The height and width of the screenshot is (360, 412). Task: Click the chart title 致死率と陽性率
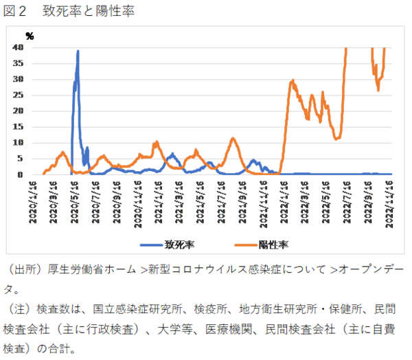pos(89,12)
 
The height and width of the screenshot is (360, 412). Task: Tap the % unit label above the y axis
pos(29,35)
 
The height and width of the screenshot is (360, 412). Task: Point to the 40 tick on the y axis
pos(19,47)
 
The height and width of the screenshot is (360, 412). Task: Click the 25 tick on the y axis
pos(19,95)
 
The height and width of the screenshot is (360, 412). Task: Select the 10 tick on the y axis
pos(19,142)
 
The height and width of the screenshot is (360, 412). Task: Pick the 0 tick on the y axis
pos(21,175)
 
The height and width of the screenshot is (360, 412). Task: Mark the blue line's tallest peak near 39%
pos(78,51)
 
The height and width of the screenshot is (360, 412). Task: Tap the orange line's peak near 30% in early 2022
pos(293,80)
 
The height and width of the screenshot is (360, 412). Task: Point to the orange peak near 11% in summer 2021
pos(233,139)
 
